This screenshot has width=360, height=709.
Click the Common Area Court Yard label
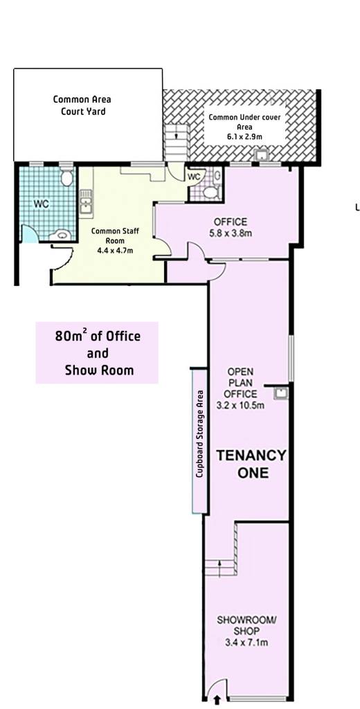tap(82, 105)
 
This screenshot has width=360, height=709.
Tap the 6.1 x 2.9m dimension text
tap(244, 136)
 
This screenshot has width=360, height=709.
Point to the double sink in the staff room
tap(85, 201)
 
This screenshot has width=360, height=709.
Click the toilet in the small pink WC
tap(210, 193)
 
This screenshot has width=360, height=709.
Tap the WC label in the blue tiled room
tap(41, 204)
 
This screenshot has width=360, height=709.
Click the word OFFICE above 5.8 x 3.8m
tap(231, 222)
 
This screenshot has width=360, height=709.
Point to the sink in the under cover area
tap(262, 156)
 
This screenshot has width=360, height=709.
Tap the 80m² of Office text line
tap(98, 336)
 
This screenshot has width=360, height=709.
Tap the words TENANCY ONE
tap(251, 464)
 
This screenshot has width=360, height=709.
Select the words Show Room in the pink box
tap(99, 370)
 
